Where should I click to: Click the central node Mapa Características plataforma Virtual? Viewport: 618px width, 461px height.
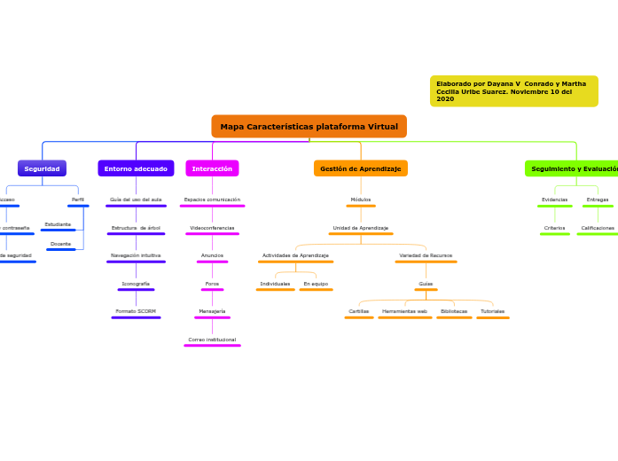pyautogui.click(x=309, y=127)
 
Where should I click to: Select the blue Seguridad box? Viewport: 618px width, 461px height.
pyautogui.click(x=42, y=168)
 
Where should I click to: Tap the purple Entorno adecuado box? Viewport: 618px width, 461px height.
pyautogui.click(x=136, y=168)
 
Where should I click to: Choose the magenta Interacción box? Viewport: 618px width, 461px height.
pyautogui.click(x=212, y=168)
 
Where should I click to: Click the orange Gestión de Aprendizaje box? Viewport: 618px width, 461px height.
pyautogui.click(x=360, y=168)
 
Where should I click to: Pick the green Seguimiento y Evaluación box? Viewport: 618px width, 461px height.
pyautogui.click(x=573, y=168)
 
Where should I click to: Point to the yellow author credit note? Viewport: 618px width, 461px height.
pyautogui.click(x=513, y=91)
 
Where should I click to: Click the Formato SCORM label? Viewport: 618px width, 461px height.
pyautogui.click(x=136, y=311)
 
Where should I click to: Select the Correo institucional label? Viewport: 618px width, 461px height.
pyautogui.click(x=212, y=340)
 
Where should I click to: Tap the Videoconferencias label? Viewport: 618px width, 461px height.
pyautogui.click(x=212, y=228)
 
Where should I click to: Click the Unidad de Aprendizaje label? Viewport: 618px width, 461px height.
pyautogui.click(x=360, y=228)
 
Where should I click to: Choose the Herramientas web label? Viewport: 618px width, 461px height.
pyautogui.click(x=404, y=311)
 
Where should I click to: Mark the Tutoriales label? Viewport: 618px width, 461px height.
pyautogui.click(x=492, y=311)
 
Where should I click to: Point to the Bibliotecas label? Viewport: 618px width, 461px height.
pyautogui.click(x=454, y=311)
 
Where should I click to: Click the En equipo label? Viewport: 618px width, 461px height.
pyautogui.click(x=316, y=284)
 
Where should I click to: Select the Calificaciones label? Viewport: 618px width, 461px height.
pyautogui.click(x=598, y=228)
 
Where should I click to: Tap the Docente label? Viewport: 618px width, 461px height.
pyautogui.click(x=60, y=243)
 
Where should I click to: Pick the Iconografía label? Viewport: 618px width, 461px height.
pyautogui.click(x=136, y=284)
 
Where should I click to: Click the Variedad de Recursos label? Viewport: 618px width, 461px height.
pyautogui.click(x=426, y=255)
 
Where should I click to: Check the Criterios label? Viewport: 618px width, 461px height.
pyautogui.click(x=554, y=228)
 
